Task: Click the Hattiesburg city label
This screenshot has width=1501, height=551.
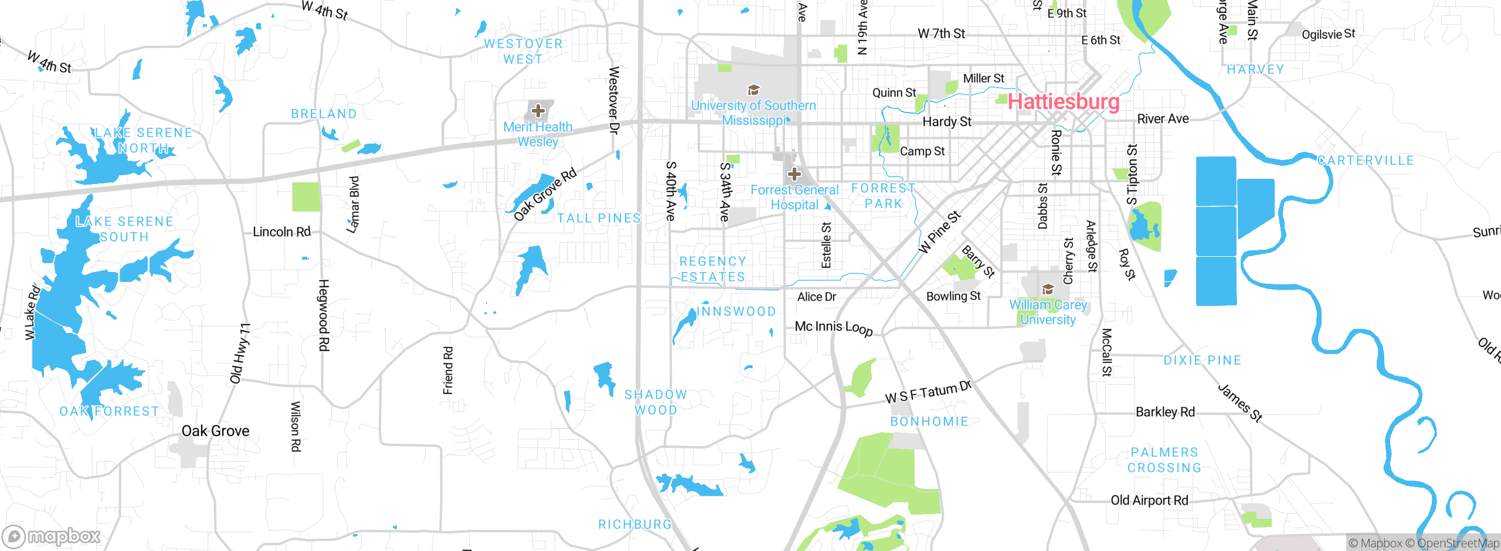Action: coord(1064,102)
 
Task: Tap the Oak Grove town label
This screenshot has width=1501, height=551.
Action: coord(215,431)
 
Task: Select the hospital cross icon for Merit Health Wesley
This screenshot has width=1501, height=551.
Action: coord(538,110)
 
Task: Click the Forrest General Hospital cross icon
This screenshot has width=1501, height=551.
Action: coord(794,174)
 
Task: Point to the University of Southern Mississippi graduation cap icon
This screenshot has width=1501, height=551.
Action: coord(753,90)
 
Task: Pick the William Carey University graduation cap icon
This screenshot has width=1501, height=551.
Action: coord(1048,289)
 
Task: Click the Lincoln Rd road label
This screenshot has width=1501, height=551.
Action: coord(281,232)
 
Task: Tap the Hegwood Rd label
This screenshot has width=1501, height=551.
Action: coord(324,315)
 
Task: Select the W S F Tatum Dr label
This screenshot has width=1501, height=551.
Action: coord(928,392)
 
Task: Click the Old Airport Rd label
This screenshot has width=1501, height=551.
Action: coord(1149,501)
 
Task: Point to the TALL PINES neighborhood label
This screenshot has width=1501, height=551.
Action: coord(599,218)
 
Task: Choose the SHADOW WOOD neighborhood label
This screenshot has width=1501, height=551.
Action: coord(656,402)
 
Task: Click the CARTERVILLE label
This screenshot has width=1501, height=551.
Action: coord(1366,161)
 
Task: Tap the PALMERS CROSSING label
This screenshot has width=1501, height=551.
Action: coord(1164,460)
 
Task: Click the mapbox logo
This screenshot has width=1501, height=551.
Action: coord(52,536)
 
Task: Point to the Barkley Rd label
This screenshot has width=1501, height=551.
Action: coord(1165,412)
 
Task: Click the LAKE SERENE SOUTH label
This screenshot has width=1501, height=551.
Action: coord(124,229)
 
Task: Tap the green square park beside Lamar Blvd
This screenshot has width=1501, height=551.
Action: coord(306,197)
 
